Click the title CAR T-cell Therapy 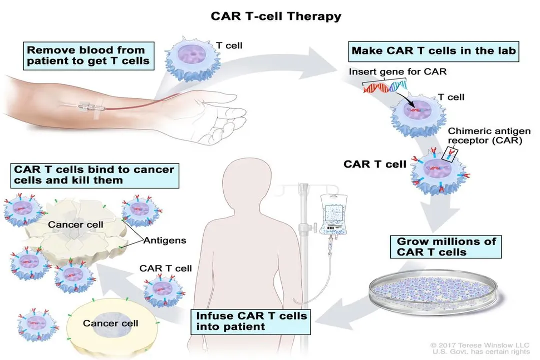[276, 16]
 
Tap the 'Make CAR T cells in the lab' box [433, 51]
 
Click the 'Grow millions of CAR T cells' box [446, 247]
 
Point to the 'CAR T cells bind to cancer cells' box [94, 174]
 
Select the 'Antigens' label [165, 241]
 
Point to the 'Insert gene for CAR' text [398, 71]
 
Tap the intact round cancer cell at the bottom [111, 325]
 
